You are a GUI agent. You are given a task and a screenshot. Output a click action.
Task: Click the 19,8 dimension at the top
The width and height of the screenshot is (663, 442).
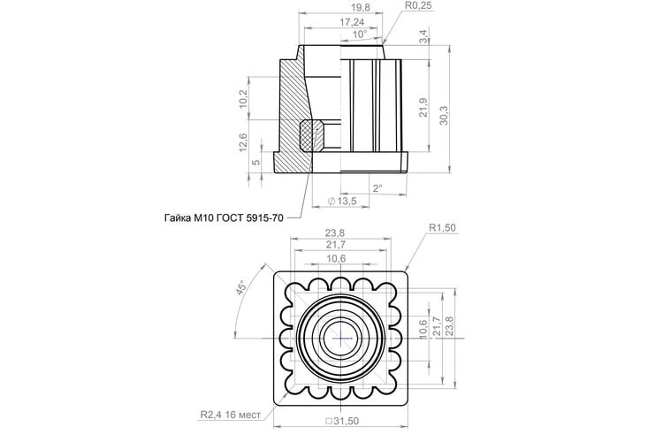click(361, 8)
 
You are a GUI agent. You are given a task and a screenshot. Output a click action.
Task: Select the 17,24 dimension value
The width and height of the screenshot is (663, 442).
click(352, 22)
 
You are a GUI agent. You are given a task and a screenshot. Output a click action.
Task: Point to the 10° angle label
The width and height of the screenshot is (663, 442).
click(360, 34)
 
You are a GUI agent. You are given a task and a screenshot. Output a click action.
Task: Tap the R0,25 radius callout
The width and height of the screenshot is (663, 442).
click(419, 5)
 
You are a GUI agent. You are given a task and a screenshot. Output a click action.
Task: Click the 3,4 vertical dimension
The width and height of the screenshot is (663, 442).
click(423, 35)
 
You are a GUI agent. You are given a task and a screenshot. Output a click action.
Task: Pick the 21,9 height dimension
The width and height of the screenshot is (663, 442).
click(423, 108)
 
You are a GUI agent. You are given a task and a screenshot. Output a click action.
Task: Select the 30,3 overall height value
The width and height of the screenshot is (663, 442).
click(444, 115)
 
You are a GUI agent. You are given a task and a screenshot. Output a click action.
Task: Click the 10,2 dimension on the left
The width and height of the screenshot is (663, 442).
click(243, 98)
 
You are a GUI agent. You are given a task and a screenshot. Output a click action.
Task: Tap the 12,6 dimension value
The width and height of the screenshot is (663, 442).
click(243, 142)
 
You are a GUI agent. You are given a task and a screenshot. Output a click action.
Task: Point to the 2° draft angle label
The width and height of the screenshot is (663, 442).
click(377, 187)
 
